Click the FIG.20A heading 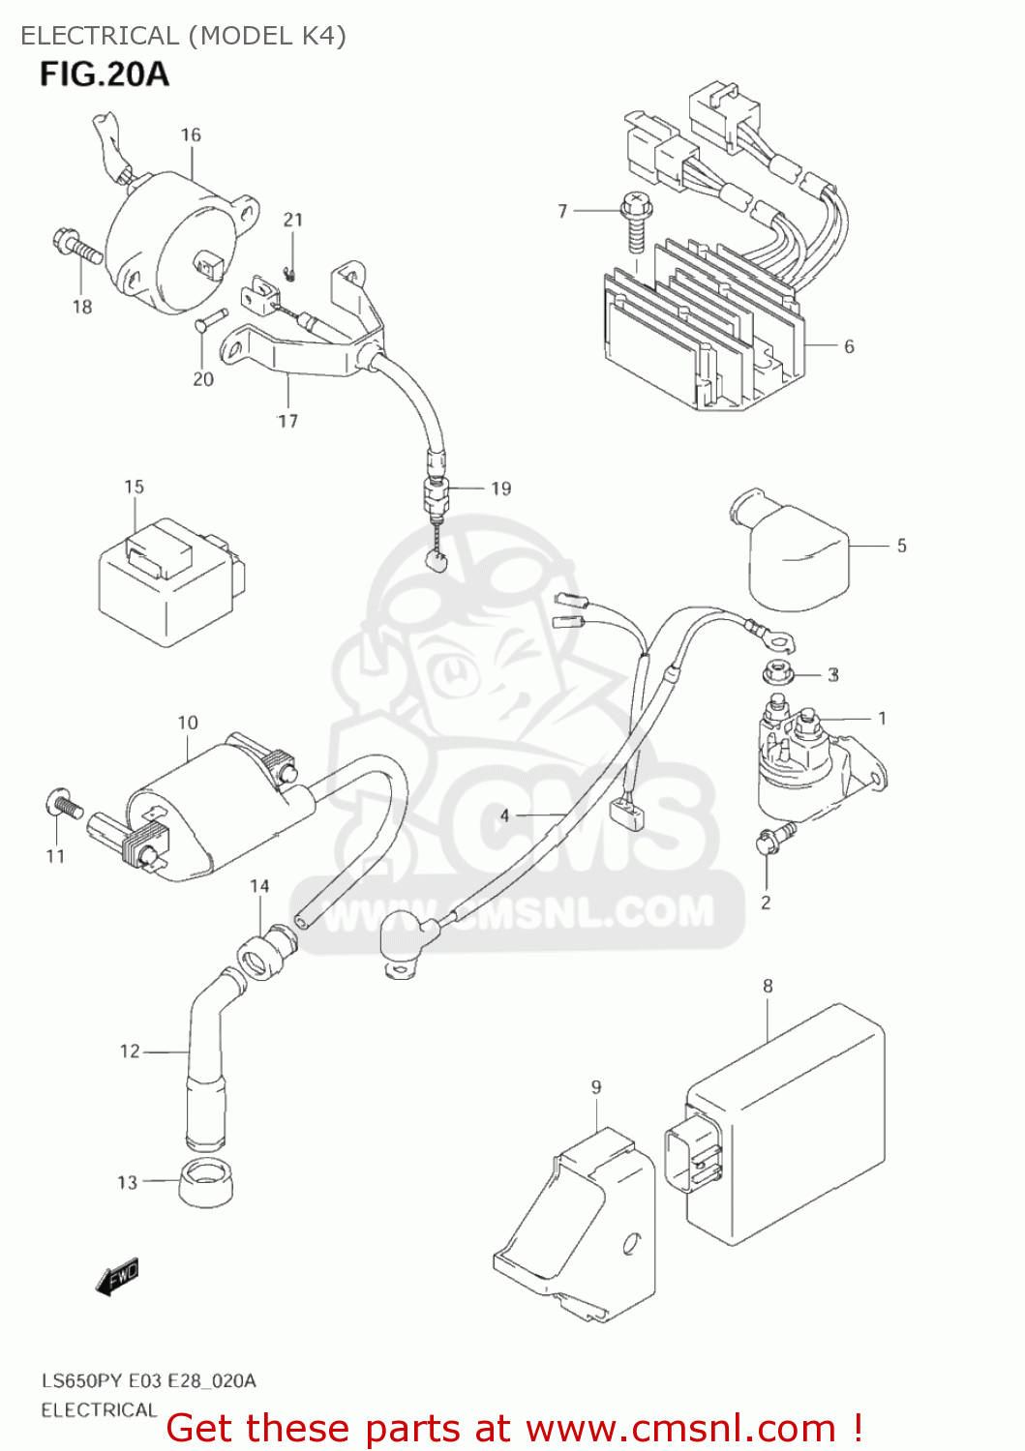point(104,74)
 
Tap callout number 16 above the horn point(191,134)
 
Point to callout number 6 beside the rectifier point(849,346)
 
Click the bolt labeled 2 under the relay point(773,839)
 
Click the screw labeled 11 point(64,804)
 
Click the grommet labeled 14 point(266,952)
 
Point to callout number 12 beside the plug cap point(130,1051)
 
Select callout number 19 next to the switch point(500,489)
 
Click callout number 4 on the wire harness point(504,815)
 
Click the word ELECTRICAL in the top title point(100,36)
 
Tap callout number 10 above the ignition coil point(188,723)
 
